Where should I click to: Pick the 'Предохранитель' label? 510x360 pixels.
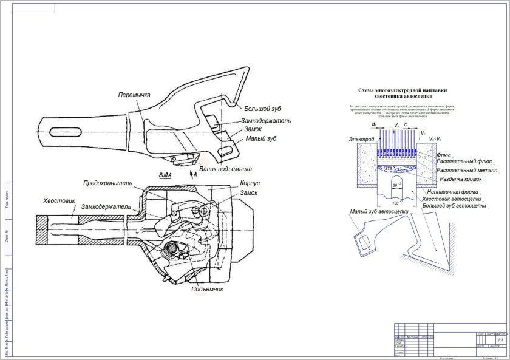coord(109,183)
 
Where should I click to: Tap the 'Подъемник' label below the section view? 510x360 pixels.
coord(208,289)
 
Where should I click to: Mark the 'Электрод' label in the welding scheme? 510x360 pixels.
coord(361,140)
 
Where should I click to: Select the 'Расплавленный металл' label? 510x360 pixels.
coord(467,171)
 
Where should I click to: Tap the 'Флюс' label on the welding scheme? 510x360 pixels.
coord(444,155)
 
